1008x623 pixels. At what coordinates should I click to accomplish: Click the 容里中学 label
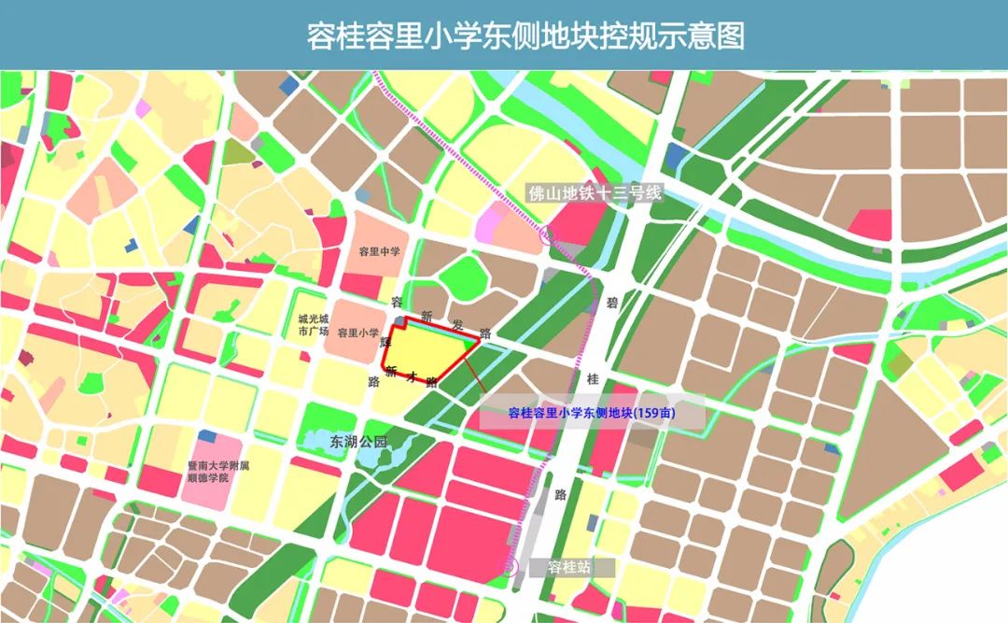[x=379, y=252]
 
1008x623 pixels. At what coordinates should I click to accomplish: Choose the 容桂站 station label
[x=570, y=567]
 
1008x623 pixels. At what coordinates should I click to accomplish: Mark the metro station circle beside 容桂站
[x=511, y=566]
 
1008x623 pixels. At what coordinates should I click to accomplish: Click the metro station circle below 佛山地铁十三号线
[x=546, y=238]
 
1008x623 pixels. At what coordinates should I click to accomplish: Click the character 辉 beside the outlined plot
[x=385, y=342]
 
